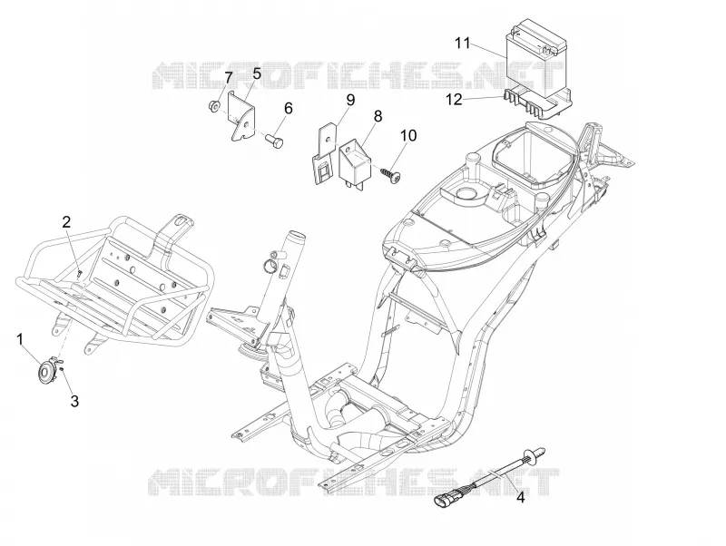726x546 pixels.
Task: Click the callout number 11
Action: coord(462,44)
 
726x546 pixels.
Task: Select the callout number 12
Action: coord(455,100)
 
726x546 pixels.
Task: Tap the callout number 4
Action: coord(520,498)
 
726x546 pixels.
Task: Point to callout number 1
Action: coord(20,339)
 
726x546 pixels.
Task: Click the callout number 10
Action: coord(408,135)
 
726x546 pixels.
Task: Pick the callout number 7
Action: coord(229,78)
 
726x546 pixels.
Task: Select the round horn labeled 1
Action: coord(46,372)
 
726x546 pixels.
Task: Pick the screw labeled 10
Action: coord(391,174)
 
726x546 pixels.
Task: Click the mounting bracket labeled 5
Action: coord(241,115)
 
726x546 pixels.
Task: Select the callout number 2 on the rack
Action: coord(66,222)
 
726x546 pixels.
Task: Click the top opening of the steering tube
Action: coord(297,235)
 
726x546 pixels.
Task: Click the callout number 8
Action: coord(378,116)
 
